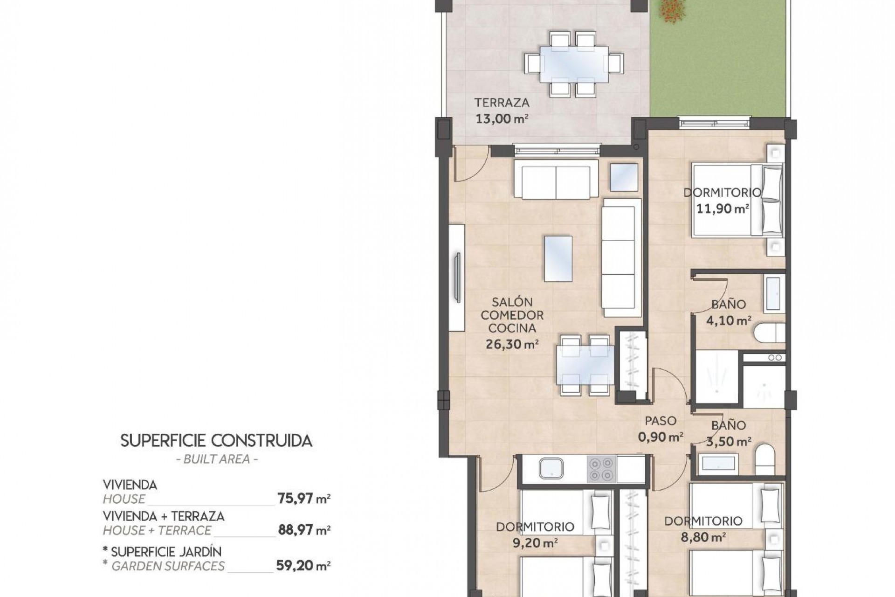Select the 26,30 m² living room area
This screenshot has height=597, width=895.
click(512, 345)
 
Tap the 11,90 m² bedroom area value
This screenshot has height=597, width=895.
click(723, 208)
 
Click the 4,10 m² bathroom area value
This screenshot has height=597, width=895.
click(729, 321)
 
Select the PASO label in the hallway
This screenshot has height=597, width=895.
click(661, 421)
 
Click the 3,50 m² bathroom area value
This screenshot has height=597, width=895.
click(729, 441)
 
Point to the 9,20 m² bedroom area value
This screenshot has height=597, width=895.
click(534, 543)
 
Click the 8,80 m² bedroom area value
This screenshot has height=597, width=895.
click(703, 537)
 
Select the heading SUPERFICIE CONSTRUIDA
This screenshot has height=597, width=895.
click(216, 441)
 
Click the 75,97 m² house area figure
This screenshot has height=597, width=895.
click(303, 499)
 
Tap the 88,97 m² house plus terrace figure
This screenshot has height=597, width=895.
click(303, 530)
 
